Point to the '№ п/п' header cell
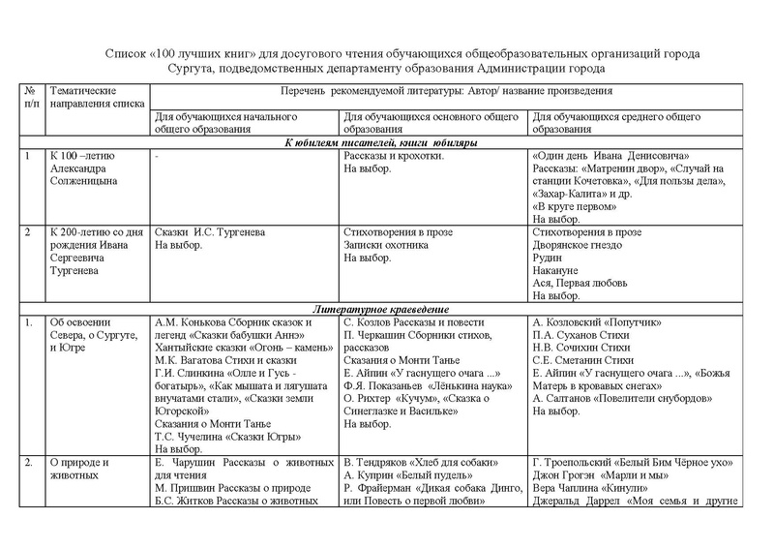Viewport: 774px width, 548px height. coord(33,95)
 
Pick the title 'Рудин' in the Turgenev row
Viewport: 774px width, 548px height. coord(548,259)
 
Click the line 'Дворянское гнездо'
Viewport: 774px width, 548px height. coord(580,246)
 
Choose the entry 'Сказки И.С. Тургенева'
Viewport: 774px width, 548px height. coord(216,233)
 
